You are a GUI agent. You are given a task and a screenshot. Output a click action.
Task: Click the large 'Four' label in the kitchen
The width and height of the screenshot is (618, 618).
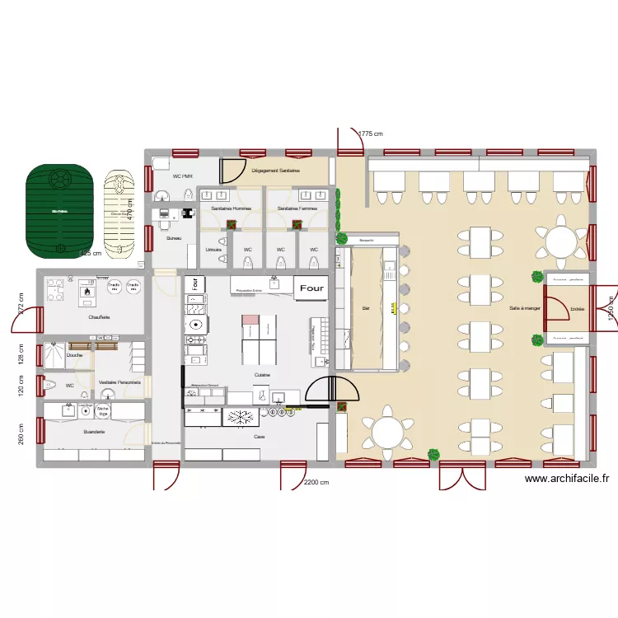point(312,288)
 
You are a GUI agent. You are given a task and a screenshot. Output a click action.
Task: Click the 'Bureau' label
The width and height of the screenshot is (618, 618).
point(174,238)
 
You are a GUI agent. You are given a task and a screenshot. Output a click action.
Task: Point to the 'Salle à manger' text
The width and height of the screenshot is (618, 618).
point(525,307)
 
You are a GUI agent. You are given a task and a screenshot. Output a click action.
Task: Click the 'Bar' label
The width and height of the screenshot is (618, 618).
point(366,308)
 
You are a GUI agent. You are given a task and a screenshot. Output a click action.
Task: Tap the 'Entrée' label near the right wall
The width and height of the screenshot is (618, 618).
point(577,309)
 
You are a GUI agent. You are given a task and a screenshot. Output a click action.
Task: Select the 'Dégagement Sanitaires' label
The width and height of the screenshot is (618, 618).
point(276,171)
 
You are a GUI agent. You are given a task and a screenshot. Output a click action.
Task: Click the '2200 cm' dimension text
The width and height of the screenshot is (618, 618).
point(316,483)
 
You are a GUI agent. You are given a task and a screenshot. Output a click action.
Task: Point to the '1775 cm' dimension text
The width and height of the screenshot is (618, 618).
point(371,133)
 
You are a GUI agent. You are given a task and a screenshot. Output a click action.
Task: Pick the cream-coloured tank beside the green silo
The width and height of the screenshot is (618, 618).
point(117,214)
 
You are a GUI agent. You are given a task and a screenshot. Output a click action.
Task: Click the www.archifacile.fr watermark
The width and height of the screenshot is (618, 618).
point(566,479)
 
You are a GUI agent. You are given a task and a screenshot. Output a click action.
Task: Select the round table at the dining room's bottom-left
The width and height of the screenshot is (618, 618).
point(386,431)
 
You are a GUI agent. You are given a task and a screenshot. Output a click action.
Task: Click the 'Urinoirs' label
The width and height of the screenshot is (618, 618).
point(213,249)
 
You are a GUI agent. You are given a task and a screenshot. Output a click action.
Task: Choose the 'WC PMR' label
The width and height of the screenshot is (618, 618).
point(182,176)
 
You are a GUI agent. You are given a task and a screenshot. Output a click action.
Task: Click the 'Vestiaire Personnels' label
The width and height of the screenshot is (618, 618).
point(119,383)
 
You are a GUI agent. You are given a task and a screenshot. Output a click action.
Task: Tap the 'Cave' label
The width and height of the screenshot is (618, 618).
point(260,437)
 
